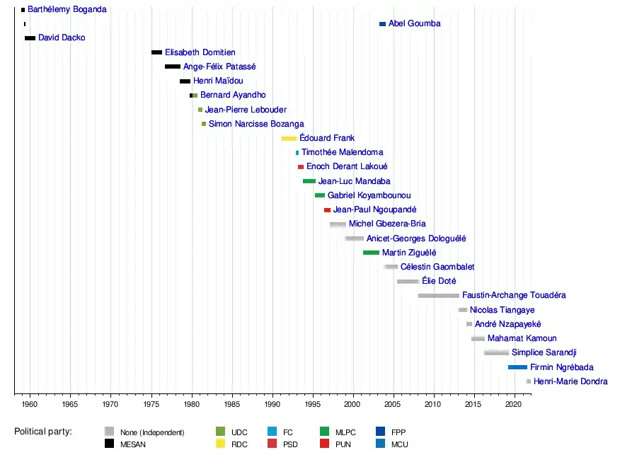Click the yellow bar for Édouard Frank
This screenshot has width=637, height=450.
coord(289,139)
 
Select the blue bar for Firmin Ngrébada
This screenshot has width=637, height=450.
coord(517,367)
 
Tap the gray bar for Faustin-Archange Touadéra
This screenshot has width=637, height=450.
coord(438,296)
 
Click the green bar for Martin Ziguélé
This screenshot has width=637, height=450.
coord(371,253)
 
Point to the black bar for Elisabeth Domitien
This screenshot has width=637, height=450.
coord(157,52)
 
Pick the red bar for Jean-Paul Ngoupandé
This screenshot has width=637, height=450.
coord(328,210)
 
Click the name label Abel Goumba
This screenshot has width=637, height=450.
coord(414,23)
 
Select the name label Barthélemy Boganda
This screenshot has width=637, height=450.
coord(67,9)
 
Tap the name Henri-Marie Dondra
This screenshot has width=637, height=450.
coord(570,381)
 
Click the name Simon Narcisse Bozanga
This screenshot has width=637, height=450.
coord(256,124)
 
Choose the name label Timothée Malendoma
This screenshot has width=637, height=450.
coord(342,152)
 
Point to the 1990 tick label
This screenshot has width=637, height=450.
coord(272,404)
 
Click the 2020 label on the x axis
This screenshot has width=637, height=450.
coord(514,404)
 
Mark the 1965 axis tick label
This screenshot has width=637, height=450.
coord(70,404)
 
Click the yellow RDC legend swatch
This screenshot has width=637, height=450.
coord(221,444)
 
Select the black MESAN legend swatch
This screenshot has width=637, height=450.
coord(109,444)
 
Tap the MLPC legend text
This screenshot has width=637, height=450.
coord(345,432)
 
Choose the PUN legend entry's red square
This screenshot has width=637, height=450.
coord(325,444)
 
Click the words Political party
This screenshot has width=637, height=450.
coord(43,432)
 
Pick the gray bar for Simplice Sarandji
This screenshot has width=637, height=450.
coord(496,352)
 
